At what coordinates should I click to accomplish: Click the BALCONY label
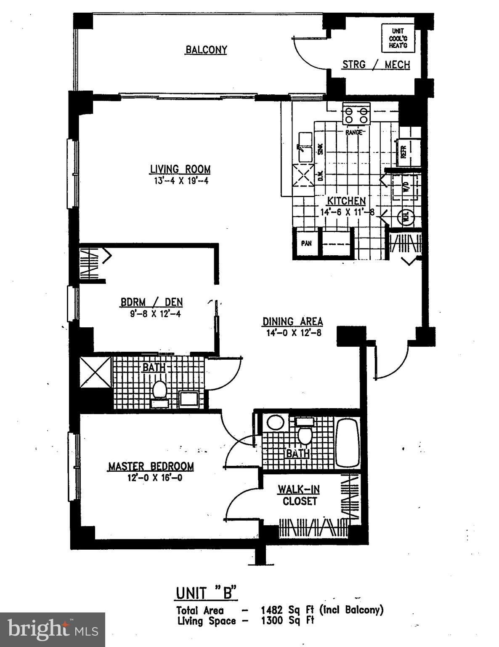click(206, 50)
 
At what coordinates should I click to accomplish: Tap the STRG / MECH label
click(376, 64)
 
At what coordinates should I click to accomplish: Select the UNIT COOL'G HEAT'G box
click(397, 38)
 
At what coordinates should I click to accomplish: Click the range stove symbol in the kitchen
click(356, 114)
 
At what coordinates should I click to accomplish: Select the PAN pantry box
click(306, 243)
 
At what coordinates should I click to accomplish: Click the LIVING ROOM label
click(180, 169)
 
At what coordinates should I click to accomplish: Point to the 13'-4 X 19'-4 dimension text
click(180, 181)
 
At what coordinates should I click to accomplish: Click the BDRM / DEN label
click(151, 302)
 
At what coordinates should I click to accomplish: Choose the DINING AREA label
click(292, 321)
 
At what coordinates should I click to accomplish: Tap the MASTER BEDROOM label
click(151, 466)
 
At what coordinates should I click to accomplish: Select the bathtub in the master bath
click(348, 443)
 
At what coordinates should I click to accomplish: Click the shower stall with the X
click(96, 372)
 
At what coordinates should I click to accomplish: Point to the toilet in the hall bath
click(159, 390)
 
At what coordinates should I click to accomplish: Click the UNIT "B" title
click(206, 593)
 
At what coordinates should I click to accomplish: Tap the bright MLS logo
click(52, 630)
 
